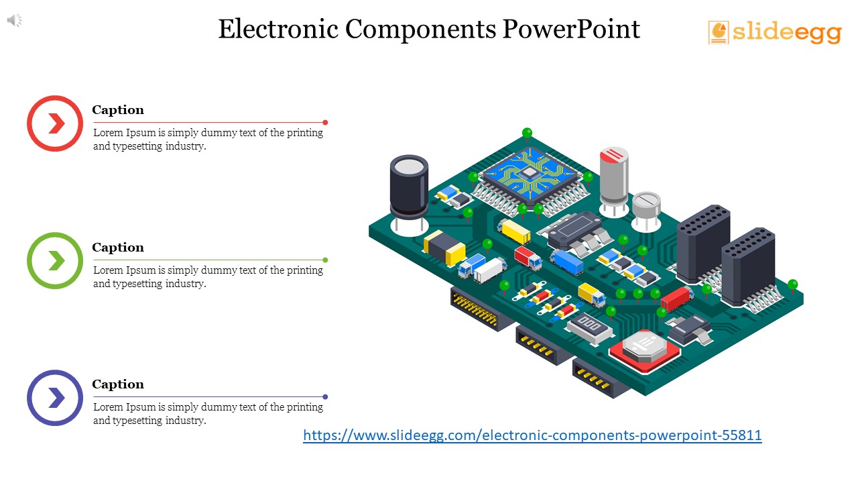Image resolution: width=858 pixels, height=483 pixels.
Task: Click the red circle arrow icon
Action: point(55,123)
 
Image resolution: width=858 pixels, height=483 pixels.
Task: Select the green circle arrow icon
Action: point(55,261)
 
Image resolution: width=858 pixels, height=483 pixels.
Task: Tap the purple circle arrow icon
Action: point(55,398)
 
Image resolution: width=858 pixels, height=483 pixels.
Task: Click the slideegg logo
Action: point(774,32)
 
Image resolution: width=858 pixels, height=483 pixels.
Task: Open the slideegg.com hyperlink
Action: point(532,435)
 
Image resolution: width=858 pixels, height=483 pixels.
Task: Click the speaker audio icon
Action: point(15,21)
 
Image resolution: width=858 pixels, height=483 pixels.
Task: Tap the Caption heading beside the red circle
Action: point(118,110)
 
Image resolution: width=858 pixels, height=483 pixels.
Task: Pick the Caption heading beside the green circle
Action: point(118,248)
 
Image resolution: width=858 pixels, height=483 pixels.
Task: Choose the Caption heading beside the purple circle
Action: point(118,384)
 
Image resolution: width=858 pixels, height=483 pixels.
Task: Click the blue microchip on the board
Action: point(530,174)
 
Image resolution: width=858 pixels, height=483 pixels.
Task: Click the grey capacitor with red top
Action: point(614,176)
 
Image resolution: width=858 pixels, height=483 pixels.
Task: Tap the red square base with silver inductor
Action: point(643,350)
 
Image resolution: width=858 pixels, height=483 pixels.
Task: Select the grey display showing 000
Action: point(591,326)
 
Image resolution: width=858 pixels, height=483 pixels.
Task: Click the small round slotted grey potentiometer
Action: point(646,204)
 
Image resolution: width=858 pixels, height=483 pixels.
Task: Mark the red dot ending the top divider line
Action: point(325,122)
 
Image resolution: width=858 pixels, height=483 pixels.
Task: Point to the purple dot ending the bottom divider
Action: point(325,396)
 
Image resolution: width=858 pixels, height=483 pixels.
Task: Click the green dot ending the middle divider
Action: point(325,260)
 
